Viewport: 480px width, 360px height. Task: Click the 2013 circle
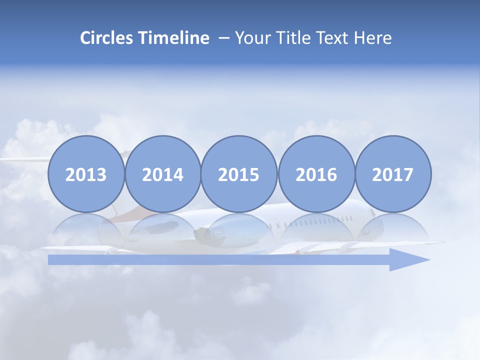click(x=86, y=174)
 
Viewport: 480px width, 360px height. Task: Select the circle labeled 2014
click(x=163, y=174)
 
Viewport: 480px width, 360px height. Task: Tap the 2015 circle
click(x=239, y=174)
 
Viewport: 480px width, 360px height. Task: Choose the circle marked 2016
click(x=316, y=174)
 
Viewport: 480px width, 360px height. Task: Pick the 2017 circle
click(x=393, y=174)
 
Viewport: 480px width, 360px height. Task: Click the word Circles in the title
click(x=106, y=38)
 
